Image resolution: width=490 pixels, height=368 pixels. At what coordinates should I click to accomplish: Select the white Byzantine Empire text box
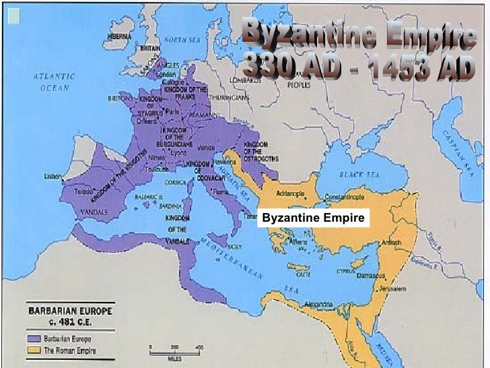tap(313, 218)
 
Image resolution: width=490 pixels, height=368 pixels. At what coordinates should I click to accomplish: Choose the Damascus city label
tap(371, 276)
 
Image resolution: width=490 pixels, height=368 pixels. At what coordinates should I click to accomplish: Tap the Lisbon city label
tap(53, 176)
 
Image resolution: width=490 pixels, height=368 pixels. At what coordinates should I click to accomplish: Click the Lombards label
tap(244, 80)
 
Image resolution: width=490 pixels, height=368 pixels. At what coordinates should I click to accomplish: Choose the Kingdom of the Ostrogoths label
tap(256, 151)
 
